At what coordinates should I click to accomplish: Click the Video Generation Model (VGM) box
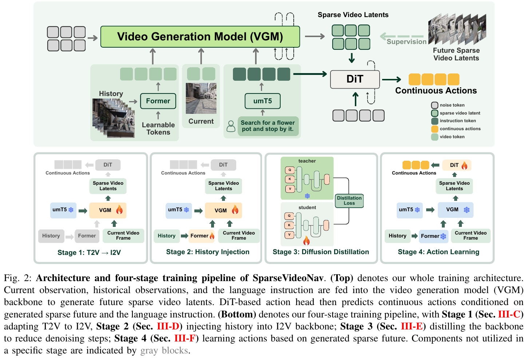(200, 37)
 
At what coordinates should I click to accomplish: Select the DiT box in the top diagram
(355, 79)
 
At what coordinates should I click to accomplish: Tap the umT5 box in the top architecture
(262, 101)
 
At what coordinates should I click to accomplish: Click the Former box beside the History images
(158, 101)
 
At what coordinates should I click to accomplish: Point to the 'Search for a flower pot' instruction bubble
(268, 126)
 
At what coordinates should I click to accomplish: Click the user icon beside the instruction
(231, 126)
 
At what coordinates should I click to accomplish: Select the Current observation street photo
(201, 98)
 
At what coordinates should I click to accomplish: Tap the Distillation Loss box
(349, 201)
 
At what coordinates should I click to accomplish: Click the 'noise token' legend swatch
(435, 105)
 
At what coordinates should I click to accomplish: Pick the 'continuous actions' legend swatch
(435, 129)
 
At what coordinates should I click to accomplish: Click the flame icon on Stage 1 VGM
(119, 209)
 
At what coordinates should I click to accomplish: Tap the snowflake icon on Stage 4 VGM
(467, 210)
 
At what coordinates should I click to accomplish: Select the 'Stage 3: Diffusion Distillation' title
(321, 252)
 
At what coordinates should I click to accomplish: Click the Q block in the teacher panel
(290, 170)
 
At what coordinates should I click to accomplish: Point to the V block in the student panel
(289, 235)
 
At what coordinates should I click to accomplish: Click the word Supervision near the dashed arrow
(406, 42)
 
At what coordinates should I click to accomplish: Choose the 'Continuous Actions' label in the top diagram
(436, 91)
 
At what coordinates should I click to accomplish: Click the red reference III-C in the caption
(509, 314)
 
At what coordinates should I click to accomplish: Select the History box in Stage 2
(167, 236)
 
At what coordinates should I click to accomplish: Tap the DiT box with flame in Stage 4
(457, 165)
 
